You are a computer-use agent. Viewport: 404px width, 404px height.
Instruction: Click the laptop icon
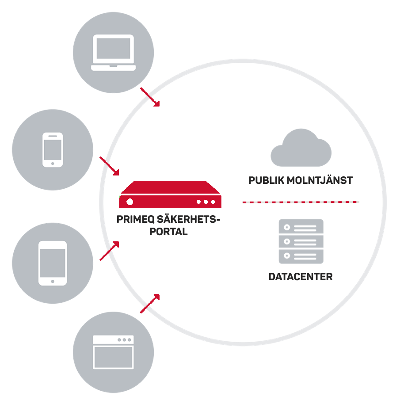coord(113,53)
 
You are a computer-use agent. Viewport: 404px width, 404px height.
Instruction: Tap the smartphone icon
coord(53,150)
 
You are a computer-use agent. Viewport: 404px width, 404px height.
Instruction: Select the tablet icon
coord(53,263)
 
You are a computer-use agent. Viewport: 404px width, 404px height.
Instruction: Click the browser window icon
coord(113,352)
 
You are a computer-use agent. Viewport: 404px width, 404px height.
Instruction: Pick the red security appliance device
coord(170,194)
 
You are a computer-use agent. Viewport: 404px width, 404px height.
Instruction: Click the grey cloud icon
coord(301,147)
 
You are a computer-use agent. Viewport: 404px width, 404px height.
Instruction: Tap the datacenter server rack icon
coord(301,241)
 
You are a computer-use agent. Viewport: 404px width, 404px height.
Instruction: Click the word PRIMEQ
coord(136,219)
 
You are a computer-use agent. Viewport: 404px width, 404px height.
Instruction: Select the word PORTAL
coord(168,232)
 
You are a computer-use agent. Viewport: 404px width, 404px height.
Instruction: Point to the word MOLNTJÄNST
coord(320,180)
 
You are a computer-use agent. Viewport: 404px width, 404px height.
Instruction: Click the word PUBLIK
coord(266,180)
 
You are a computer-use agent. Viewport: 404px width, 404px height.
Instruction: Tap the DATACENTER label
coord(301,277)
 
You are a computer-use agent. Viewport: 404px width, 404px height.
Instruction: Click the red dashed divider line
coord(301,202)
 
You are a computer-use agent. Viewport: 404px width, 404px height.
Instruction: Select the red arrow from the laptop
coord(150,97)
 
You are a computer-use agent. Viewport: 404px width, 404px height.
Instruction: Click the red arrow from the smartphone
coord(110,166)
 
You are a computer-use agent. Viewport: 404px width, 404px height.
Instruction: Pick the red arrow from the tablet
coord(110,251)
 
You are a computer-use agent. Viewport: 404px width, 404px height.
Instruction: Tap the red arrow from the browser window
coord(150,304)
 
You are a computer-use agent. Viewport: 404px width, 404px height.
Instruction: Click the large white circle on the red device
coord(130,202)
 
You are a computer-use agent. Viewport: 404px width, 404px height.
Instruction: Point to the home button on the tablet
coord(53,282)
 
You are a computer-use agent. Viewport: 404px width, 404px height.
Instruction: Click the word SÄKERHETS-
coord(188,219)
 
